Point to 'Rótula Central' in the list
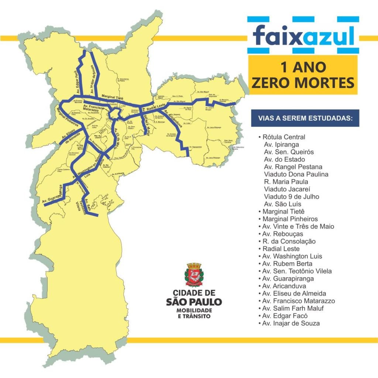[x=284, y=137]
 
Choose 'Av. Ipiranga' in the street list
[x=281, y=145]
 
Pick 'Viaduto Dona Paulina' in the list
[x=296, y=174]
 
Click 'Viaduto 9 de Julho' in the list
[x=291, y=196]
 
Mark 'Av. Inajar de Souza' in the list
[x=291, y=323]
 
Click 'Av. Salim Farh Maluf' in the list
[x=293, y=308]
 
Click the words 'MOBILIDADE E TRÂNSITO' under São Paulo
[x=193, y=313]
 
